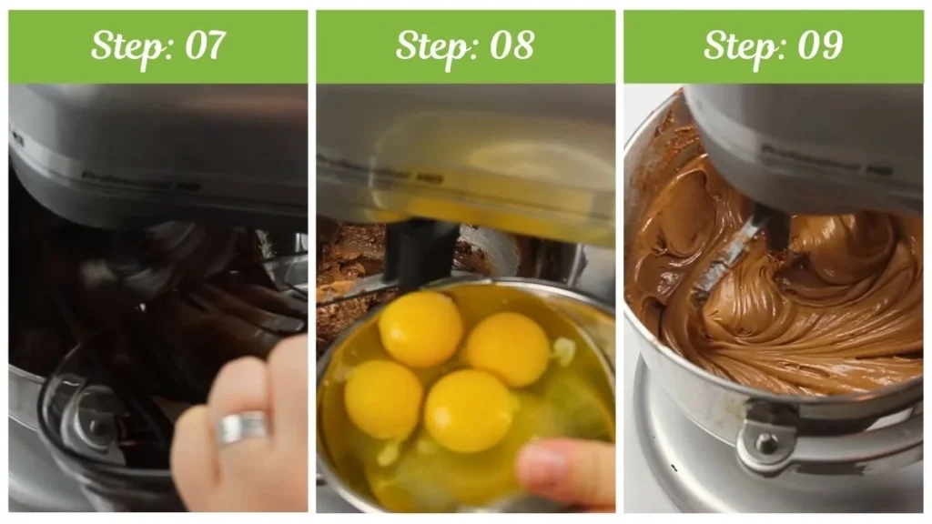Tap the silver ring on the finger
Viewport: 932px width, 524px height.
tap(242, 427)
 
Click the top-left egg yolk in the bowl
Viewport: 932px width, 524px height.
tap(420, 328)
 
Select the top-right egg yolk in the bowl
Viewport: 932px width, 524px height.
tap(508, 348)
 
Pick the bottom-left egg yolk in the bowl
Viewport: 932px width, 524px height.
tap(383, 398)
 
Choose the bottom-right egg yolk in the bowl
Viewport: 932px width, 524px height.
tap(469, 410)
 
